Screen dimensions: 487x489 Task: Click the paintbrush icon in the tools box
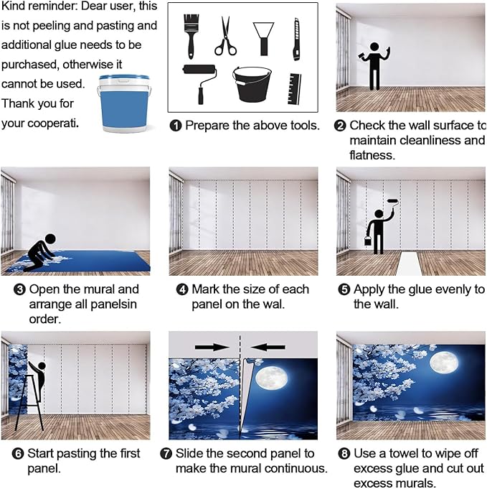pyautogui.click(x=191, y=36)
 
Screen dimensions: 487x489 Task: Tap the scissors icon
pyautogui.click(x=225, y=37)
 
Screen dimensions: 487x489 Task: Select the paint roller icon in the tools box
pyautogui.click(x=199, y=82)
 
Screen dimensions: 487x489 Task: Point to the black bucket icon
pyautogui.click(x=252, y=84)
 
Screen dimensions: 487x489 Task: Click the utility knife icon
pyautogui.click(x=296, y=39)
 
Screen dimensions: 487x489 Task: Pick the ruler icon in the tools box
pyautogui.click(x=295, y=89)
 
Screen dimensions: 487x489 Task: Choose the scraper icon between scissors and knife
pyautogui.click(x=264, y=39)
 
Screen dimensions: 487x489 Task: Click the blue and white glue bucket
pyautogui.click(x=124, y=103)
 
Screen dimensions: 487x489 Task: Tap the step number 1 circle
pyautogui.click(x=176, y=126)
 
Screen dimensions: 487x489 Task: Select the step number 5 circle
pyautogui.click(x=344, y=289)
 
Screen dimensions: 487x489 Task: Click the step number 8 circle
pyautogui.click(x=344, y=453)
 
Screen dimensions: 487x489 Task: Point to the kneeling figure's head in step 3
pyautogui.click(x=50, y=239)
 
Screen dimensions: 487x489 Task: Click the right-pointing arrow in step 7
pyautogui.click(x=212, y=347)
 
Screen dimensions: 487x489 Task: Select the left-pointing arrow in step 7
pyautogui.click(x=268, y=347)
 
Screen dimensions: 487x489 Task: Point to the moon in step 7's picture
pyautogui.click(x=271, y=378)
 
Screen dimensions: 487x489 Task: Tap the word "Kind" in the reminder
pyautogui.click(x=12, y=6)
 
